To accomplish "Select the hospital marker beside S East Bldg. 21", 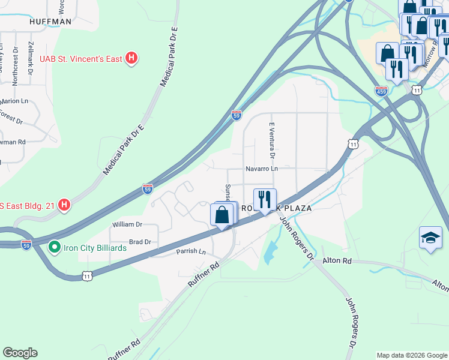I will point(64,205).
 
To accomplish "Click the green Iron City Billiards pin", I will point(53,247).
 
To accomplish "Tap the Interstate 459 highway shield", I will point(381,91).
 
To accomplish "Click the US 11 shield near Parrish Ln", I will point(88,275).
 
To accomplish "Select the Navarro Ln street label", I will point(261,169).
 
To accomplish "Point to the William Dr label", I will point(127,224).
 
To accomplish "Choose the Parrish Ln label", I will point(191,251).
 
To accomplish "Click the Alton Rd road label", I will point(337,261).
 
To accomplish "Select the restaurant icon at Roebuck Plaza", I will point(264,199).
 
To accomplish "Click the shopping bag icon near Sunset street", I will point(222,215).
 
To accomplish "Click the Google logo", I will point(20,353).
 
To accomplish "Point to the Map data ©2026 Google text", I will point(412,355).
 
